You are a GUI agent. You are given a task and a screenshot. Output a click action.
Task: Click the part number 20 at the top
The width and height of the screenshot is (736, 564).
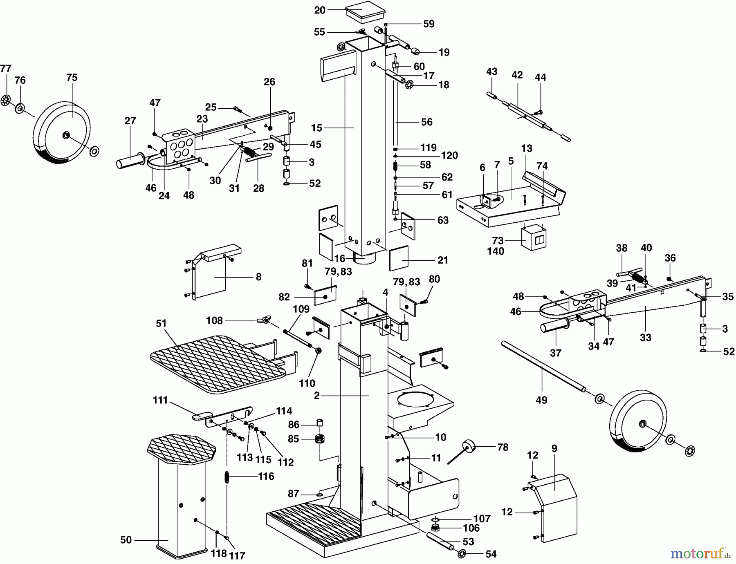pyautogui.click(x=320, y=10)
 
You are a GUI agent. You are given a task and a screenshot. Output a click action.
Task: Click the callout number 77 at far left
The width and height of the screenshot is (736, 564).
pyautogui.click(x=5, y=68)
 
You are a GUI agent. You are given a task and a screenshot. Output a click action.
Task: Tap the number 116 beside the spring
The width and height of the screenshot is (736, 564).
pyautogui.click(x=266, y=476)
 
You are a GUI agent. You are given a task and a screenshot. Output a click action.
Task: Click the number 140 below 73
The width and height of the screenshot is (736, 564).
pyautogui.click(x=496, y=251)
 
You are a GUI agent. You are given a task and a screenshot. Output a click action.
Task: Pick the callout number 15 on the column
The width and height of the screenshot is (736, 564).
pyautogui.click(x=316, y=128)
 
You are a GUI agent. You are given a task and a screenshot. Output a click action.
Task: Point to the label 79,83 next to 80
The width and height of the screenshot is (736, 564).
pyautogui.click(x=406, y=282)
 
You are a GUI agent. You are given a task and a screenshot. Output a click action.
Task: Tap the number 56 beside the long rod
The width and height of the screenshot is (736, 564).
pyautogui.click(x=426, y=122)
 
